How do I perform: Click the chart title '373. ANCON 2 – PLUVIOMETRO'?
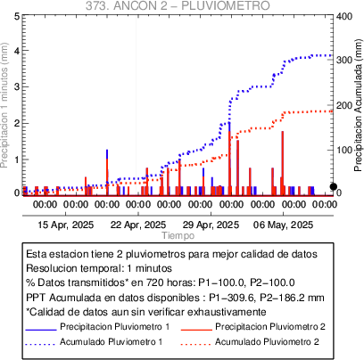[178, 5]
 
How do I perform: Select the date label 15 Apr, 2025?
[66, 225]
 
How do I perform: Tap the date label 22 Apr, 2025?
[138, 225]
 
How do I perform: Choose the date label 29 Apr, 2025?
[211, 225]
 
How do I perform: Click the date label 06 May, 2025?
[283, 225]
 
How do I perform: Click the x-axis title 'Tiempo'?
[178, 235]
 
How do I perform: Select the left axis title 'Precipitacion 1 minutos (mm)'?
[4, 105]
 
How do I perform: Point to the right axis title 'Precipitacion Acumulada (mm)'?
[359, 105]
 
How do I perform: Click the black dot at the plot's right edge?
[334, 186]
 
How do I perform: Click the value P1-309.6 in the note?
[232, 298]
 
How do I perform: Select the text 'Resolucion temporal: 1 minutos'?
[99, 268]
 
